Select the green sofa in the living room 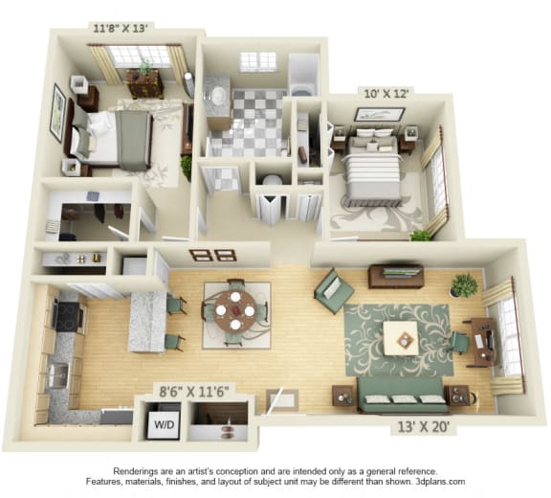click(x=402, y=394)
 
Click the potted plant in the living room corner click(x=465, y=284)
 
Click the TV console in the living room click(x=396, y=276)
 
